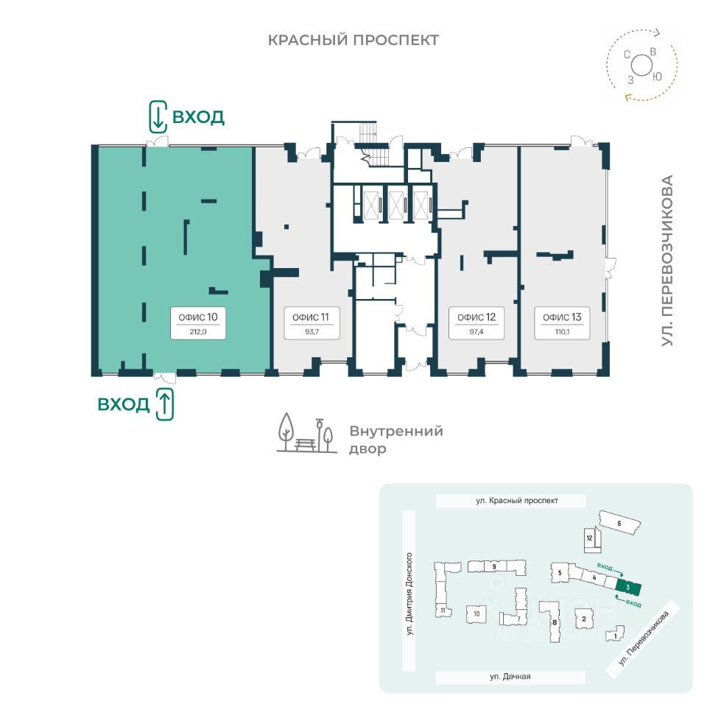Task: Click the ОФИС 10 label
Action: [197, 317]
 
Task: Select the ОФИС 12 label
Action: [476, 317]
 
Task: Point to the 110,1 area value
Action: [562, 332]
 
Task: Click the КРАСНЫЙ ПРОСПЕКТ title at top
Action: [353, 40]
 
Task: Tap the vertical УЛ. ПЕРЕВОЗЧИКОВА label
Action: [667, 261]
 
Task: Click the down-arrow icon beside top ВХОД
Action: [157, 116]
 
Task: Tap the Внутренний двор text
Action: [395, 440]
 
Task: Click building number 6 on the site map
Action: [619, 524]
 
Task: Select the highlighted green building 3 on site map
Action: [628, 588]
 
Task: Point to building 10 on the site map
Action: [476, 613]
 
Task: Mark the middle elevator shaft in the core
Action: [396, 203]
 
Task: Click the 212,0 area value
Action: [197, 332]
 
